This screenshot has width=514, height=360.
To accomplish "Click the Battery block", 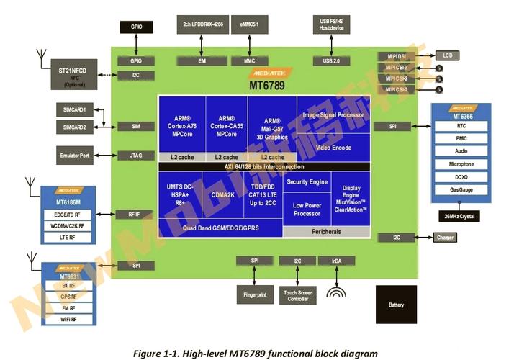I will [396, 305].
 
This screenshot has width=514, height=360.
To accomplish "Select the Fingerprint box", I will [254, 294].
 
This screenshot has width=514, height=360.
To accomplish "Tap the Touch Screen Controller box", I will [297, 294].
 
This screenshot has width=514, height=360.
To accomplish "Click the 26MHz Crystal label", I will [460, 216].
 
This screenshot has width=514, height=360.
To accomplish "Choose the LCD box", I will [448, 55].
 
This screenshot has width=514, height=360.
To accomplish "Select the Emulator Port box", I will [75, 155].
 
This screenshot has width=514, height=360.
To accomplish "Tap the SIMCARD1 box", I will [74, 109].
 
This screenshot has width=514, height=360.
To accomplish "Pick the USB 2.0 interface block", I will [332, 61].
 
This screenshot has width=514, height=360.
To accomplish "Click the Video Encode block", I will [332, 148].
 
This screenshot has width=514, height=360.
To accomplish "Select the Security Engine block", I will [307, 181].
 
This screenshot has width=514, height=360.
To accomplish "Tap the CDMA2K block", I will [227, 193].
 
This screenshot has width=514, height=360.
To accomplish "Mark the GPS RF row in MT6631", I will [69, 297].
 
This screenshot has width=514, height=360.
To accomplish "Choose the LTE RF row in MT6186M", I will [69, 237].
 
